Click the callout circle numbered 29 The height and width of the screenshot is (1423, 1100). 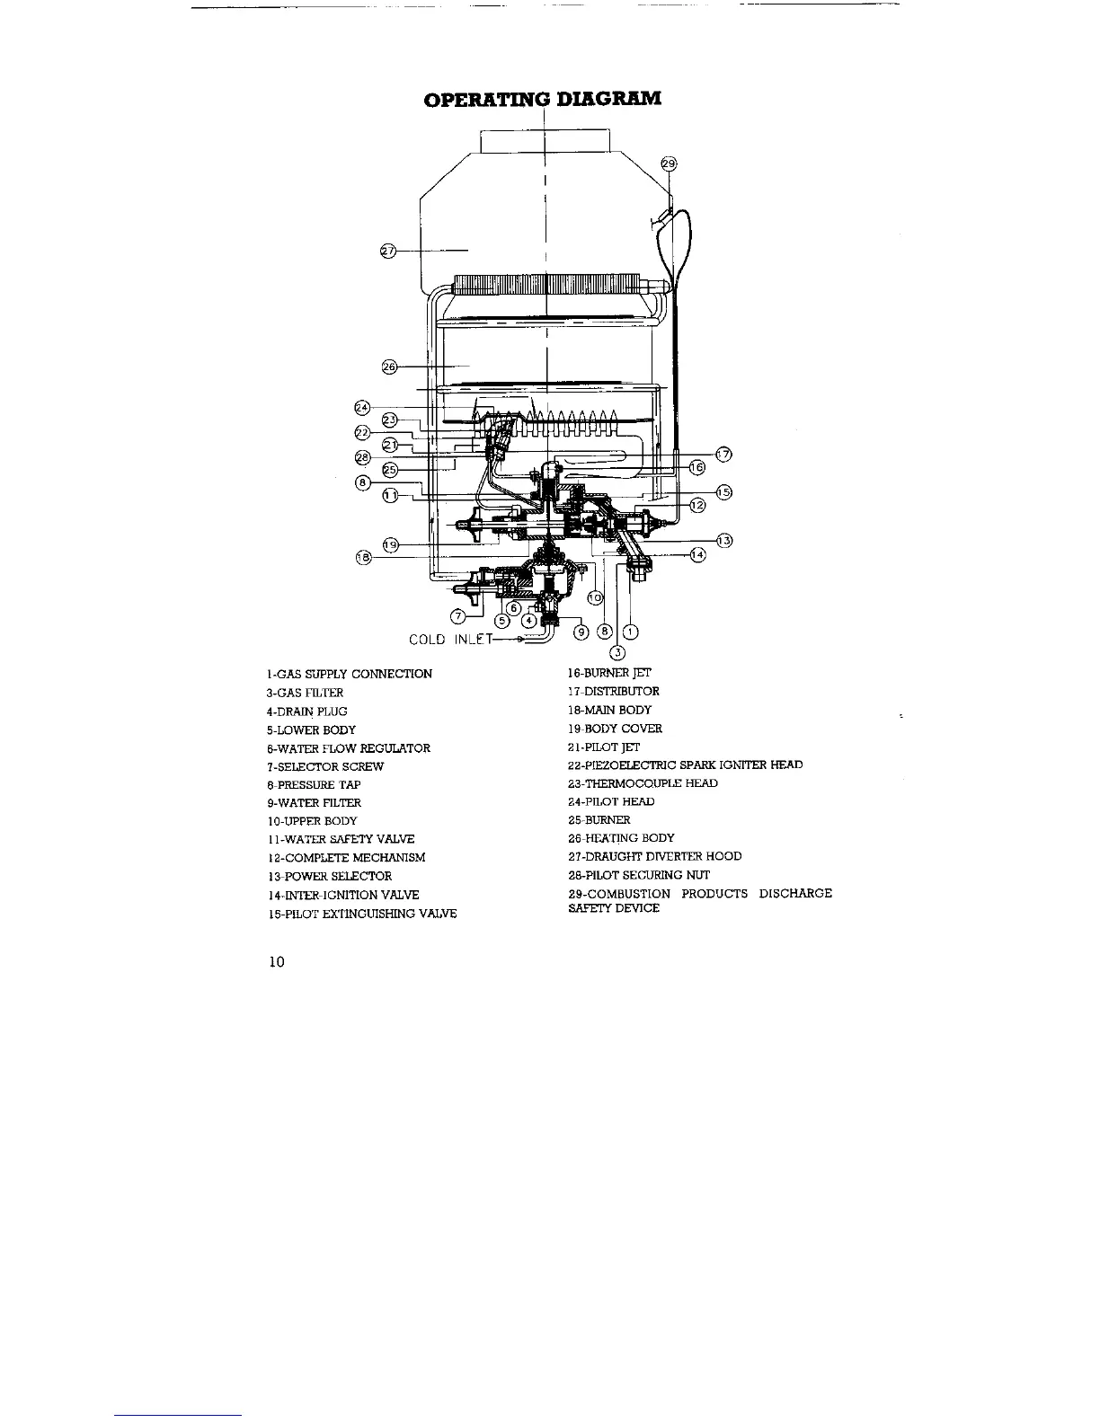tap(668, 164)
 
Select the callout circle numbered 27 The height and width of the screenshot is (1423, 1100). tap(388, 251)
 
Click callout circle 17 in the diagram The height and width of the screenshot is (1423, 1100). tap(724, 452)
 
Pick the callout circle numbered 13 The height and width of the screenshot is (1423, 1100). tap(724, 540)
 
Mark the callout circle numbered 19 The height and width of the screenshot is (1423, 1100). tap(390, 544)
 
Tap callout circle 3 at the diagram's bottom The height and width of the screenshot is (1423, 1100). tap(617, 652)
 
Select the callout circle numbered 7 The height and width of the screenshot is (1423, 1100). tap(459, 616)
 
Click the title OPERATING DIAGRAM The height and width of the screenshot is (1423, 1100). tap(543, 97)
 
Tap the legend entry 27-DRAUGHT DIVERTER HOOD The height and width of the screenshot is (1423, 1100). tap(655, 856)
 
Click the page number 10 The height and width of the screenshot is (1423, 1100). tap(276, 963)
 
